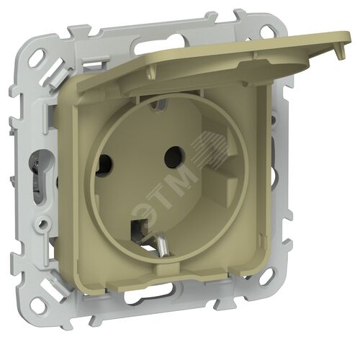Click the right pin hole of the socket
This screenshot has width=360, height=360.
pos(171,156)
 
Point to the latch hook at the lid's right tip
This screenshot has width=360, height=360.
pos(339,55)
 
